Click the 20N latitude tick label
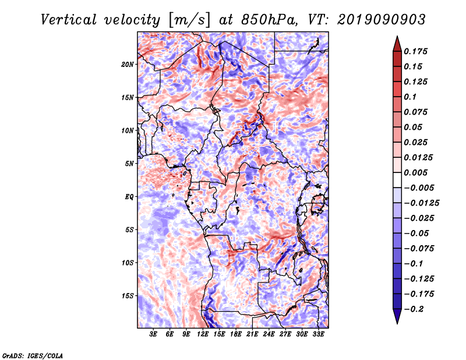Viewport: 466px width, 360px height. point(127,65)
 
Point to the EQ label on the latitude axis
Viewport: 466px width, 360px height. point(129,197)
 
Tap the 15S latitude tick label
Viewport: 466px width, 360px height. point(127,296)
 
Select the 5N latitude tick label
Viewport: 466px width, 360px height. point(129,164)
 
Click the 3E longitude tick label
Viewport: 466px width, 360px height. point(153,334)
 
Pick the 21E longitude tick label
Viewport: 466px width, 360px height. point(252,334)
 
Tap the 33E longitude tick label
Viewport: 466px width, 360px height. point(318,334)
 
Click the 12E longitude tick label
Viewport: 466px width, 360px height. point(203,334)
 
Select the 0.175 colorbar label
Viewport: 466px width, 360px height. point(415,51)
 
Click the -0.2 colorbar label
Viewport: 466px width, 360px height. point(414,309)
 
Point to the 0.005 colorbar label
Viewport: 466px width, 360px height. point(415,172)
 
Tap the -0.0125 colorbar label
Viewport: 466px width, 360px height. point(421,203)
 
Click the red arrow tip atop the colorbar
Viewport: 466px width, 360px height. point(397,36)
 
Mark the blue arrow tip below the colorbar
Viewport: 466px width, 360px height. point(397,323)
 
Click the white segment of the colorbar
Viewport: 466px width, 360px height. point(397,180)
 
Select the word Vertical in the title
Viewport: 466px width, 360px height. point(69,20)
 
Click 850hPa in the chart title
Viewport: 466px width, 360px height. point(270,20)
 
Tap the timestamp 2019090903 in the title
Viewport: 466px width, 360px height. point(382,20)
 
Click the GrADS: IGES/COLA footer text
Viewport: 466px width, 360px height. point(33,356)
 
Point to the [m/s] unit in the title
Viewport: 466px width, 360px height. point(189,20)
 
